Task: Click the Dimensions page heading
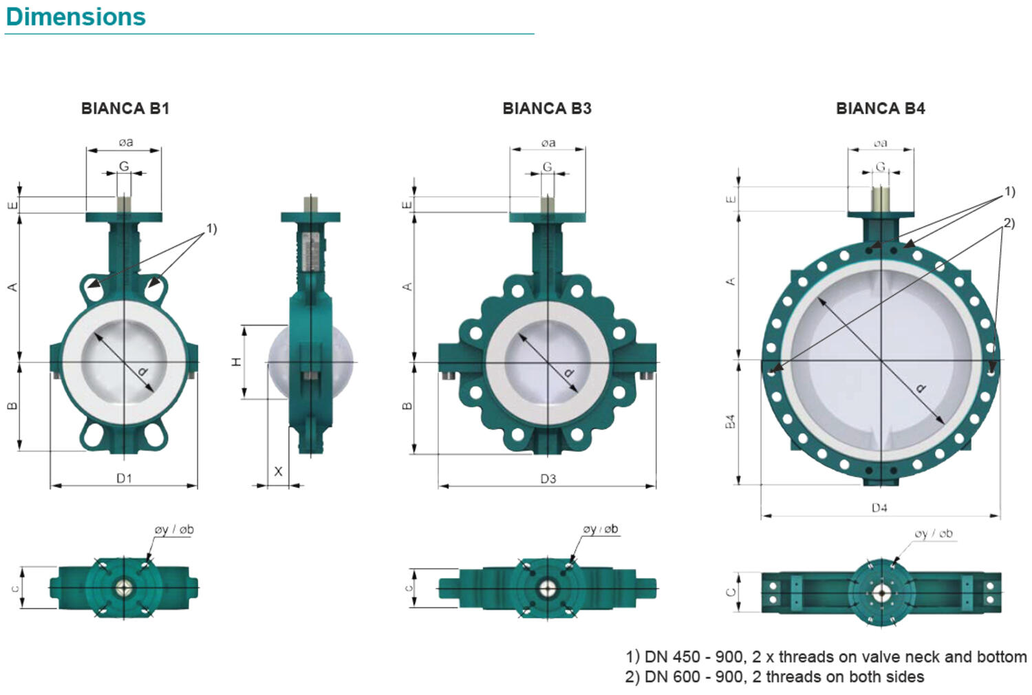(x=76, y=17)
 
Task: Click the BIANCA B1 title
(x=125, y=108)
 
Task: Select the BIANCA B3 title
(x=547, y=108)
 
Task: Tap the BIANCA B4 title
(x=881, y=108)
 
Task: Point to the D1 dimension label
(x=124, y=478)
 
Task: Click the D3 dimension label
(x=548, y=479)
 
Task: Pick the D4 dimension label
(x=879, y=508)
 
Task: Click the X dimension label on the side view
(x=278, y=471)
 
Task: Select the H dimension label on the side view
(x=237, y=362)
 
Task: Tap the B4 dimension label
(x=730, y=422)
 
